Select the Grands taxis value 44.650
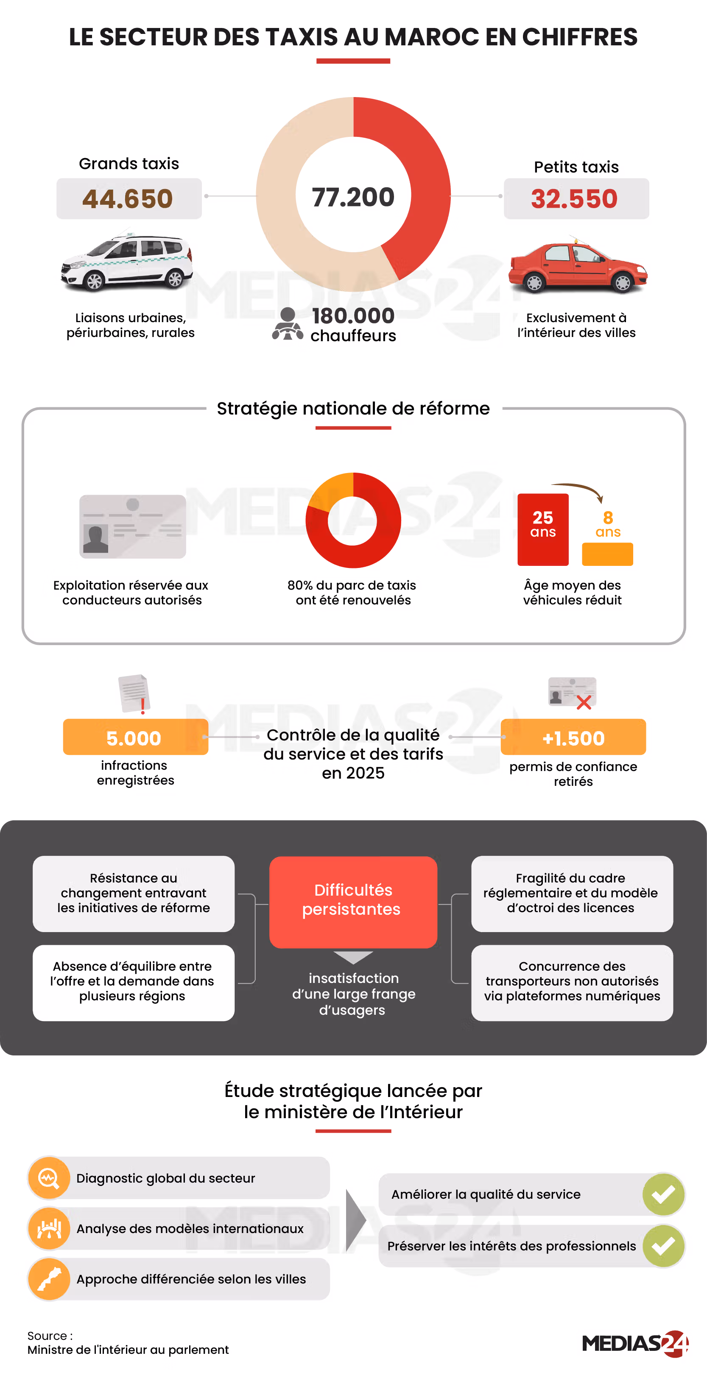[x=128, y=199]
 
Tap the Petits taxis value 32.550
[x=574, y=199]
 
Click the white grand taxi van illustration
[x=127, y=261]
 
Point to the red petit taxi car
[x=578, y=265]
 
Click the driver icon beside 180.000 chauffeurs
[x=288, y=324]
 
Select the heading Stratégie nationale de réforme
[x=353, y=409]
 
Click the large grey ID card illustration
[x=133, y=527]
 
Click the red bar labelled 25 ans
[x=543, y=529]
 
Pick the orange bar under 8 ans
[x=607, y=554]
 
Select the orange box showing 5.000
[x=135, y=737]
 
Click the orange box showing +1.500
[x=573, y=737]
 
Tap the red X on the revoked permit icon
[x=584, y=702]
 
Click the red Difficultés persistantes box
[x=353, y=902]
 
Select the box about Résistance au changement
[x=134, y=894]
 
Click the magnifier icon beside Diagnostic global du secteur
[x=49, y=1178]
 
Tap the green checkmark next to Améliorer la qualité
[x=664, y=1194]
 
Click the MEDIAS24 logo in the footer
[x=635, y=1344]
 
